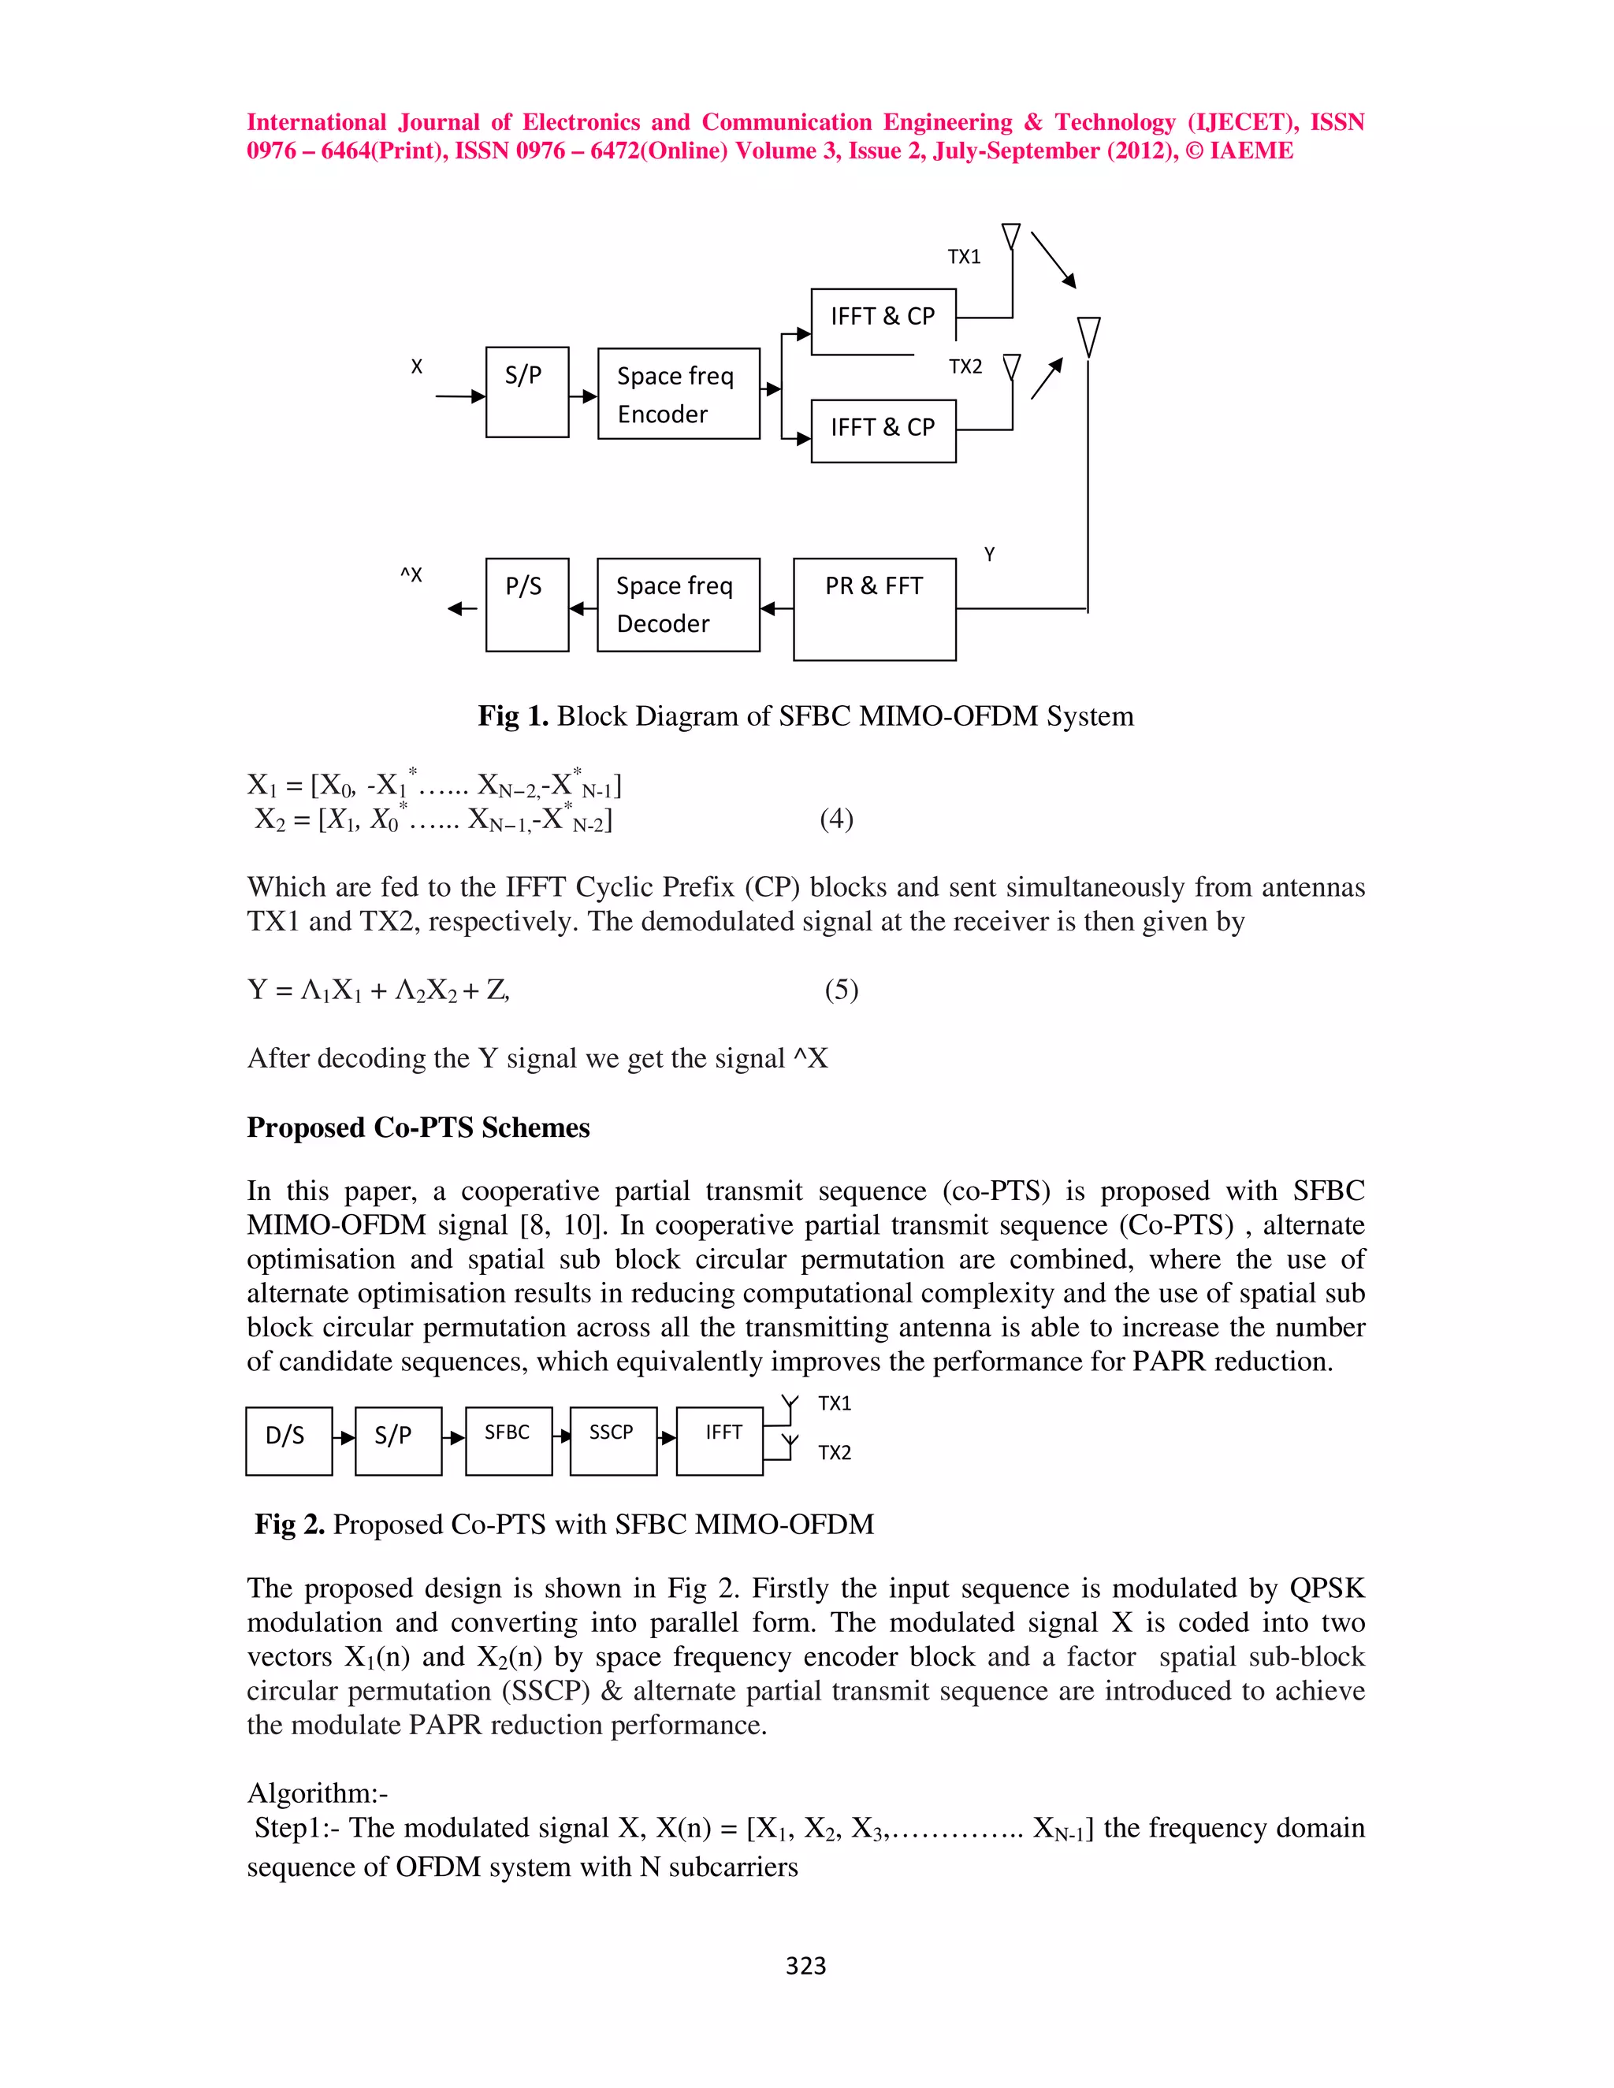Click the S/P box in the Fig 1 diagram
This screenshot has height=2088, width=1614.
[x=527, y=392]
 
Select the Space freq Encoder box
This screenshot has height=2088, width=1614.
[x=678, y=394]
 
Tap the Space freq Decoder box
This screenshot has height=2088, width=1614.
[x=678, y=604]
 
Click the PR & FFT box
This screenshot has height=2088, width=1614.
[x=874, y=608]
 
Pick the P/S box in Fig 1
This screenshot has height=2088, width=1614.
[x=527, y=604]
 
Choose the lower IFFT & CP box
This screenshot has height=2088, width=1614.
[x=883, y=430]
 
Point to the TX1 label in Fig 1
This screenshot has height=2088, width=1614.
[x=964, y=256]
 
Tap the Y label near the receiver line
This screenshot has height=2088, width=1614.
[x=990, y=555]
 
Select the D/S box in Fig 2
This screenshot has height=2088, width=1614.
[x=288, y=1441]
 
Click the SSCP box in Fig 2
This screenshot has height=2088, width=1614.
[x=613, y=1441]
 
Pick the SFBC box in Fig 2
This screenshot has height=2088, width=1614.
[x=508, y=1441]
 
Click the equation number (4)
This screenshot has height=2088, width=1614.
[x=837, y=819]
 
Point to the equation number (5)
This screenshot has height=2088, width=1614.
[x=842, y=990]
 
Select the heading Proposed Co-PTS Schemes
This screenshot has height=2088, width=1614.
[x=418, y=1128]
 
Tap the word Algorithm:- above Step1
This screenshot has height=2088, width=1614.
[x=318, y=1793]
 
